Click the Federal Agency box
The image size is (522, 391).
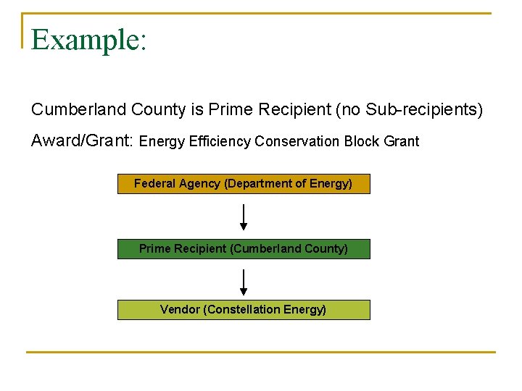pos(244,184)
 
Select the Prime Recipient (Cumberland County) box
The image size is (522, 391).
pos(244,249)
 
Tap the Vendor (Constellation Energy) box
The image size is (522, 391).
pos(244,310)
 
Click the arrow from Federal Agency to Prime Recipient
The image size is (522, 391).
pos(244,216)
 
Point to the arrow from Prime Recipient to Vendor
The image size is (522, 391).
pos(244,282)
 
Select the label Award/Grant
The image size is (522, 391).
pos(82,141)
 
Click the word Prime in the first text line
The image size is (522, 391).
pos(229,109)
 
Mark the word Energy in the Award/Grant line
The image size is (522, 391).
pos(162,141)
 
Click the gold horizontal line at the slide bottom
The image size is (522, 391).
pos(261,353)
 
